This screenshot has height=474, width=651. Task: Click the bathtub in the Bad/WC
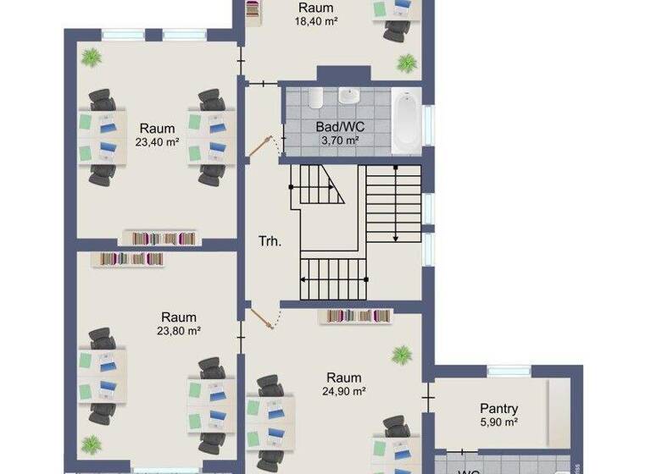coord(405,121)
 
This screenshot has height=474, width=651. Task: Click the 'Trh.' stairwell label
coord(270,240)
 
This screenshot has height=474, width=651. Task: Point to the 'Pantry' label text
coord(498,409)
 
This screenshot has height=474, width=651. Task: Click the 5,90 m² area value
coord(498,422)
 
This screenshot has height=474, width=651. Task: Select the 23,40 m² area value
coord(158,143)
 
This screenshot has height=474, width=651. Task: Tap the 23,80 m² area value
coord(179,332)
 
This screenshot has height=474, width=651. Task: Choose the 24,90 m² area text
coord(343,391)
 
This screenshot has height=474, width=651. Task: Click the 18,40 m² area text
coord(315,21)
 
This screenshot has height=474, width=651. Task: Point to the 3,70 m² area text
coord(337,140)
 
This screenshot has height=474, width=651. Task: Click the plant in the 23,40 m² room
coord(90,58)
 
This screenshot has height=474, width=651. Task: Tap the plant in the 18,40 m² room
coord(408,62)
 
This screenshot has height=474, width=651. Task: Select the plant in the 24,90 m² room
coord(401,353)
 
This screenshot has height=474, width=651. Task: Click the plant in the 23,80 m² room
coord(91,444)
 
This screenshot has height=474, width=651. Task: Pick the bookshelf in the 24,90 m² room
coord(354,317)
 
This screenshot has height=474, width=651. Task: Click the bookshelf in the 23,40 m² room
coord(160,237)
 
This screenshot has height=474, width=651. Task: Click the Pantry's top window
coord(509,371)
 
